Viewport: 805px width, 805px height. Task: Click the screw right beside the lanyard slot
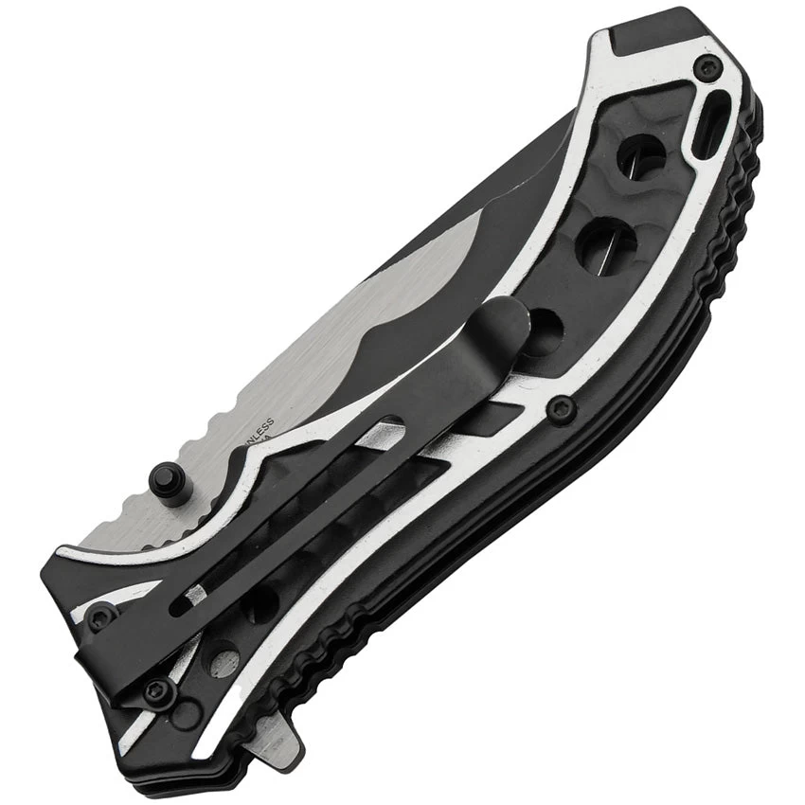(707, 67)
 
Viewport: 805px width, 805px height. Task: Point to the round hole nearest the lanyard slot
(641, 156)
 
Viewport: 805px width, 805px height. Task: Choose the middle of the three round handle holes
(606, 244)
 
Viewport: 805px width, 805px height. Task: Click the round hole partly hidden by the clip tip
(544, 331)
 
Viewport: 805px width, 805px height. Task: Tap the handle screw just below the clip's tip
(563, 408)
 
